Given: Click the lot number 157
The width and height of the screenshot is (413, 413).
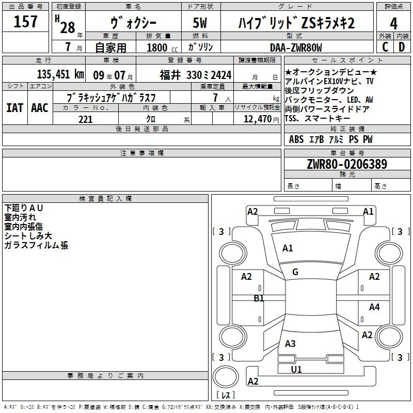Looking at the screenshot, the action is pos(26,22).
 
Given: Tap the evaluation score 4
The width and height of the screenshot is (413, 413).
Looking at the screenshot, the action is pos(394,23).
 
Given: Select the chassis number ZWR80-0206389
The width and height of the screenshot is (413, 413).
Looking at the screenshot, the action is pos(347,165).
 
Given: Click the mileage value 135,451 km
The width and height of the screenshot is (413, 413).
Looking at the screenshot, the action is pos(60,74).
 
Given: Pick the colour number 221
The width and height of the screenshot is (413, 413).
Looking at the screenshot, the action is pos(85,119).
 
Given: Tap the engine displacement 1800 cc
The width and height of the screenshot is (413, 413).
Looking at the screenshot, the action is pos(158,47).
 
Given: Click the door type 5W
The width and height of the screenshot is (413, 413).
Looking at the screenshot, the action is pos(201,23).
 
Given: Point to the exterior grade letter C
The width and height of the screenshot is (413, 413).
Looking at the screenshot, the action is pos(385,47).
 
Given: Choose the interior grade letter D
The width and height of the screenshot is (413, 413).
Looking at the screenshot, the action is pos(402,47).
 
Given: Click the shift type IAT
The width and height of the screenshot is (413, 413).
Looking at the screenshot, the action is pos(14,108).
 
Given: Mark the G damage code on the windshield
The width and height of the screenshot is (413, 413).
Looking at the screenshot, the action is pos(295,272).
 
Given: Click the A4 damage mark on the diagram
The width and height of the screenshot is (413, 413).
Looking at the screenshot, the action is pos(374,307).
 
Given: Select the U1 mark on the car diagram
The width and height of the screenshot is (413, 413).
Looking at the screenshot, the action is pos(296,369).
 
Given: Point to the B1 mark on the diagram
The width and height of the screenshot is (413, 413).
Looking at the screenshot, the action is pos(259,298).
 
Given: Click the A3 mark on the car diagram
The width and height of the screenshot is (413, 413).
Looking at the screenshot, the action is pos(290,343).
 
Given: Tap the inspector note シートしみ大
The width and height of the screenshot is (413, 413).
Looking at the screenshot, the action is pos(28,236).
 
